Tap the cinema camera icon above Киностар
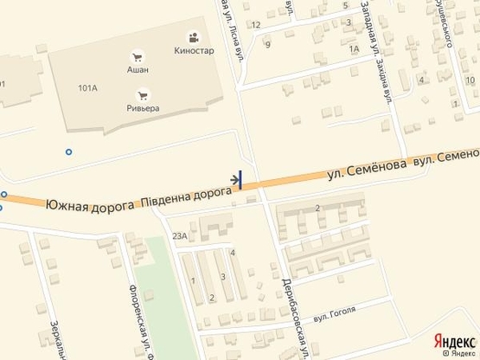pos(193,37)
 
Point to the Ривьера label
pos(144,109)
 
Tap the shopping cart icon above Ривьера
pos(144,95)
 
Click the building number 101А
pos(86,88)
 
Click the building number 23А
pos(180,235)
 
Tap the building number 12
pos(256,24)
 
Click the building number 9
pos(268,44)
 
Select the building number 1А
pos(353,49)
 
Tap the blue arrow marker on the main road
pos(237,179)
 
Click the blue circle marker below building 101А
pos(68,152)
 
